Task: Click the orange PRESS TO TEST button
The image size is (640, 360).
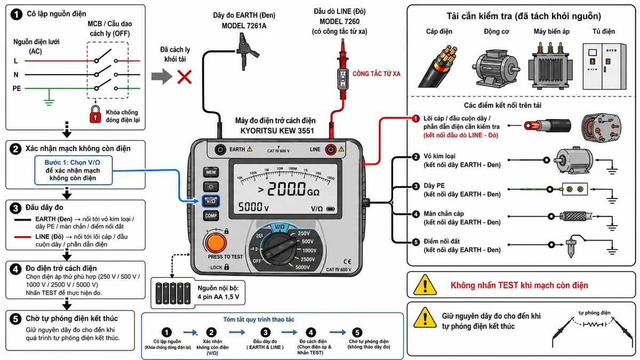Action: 215,243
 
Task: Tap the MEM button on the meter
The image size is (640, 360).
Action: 211,172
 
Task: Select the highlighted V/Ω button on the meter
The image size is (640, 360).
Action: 211,201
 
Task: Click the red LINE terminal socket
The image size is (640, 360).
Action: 331,149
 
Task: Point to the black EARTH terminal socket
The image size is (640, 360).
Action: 220,149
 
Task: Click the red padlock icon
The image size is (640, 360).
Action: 95,114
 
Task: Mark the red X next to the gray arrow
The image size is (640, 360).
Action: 185,77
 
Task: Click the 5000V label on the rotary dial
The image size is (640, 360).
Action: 302,267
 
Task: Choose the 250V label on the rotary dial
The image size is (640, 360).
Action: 303,233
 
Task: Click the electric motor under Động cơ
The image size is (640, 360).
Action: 496,68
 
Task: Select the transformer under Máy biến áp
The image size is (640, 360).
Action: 550,66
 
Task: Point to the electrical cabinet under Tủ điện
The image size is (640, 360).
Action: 604,66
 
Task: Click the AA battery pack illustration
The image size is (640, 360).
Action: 173,293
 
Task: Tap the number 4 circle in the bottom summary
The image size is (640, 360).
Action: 311,332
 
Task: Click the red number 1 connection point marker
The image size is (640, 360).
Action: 415,118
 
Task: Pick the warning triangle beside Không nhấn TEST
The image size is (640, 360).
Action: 425,285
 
